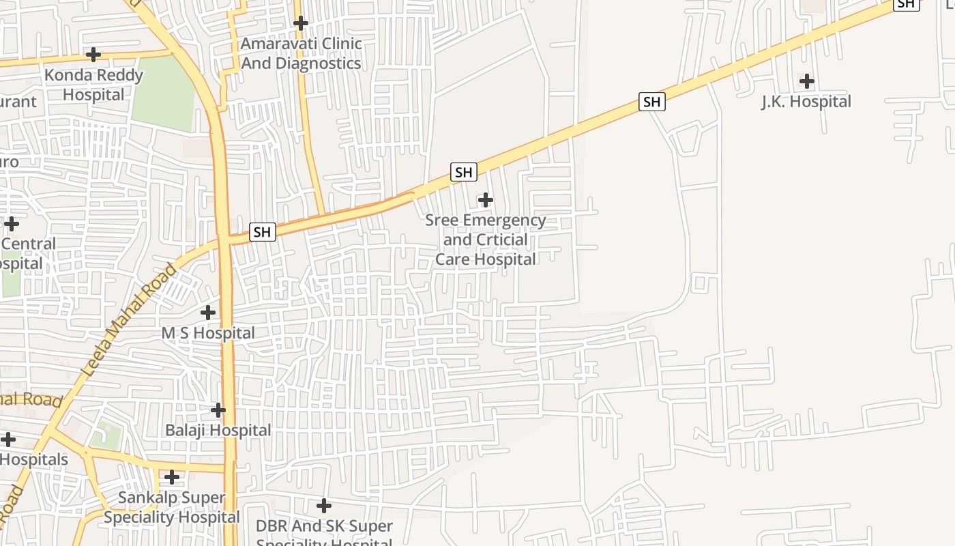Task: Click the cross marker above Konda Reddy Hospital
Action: (93, 55)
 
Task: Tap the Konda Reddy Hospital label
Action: (93, 85)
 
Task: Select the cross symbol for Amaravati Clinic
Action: (300, 24)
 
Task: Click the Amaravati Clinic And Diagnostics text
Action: (301, 53)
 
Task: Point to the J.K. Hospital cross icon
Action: (807, 82)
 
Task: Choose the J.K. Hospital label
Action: (806, 102)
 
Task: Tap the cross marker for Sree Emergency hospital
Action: (485, 200)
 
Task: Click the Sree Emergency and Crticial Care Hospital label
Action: (485, 240)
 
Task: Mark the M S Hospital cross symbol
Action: (208, 313)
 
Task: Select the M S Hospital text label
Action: (208, 333)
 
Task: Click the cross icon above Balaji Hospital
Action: (218, 410)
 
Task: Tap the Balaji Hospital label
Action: (218, 431)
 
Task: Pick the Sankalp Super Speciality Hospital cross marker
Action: (172, 477)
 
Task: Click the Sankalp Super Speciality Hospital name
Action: (172, 507)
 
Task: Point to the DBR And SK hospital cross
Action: (324, 506)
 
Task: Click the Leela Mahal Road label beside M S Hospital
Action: (129, 321)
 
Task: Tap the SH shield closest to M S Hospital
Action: (262, 232)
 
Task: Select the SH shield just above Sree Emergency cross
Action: (463, 172)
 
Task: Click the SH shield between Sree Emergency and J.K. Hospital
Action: (652, 102)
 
